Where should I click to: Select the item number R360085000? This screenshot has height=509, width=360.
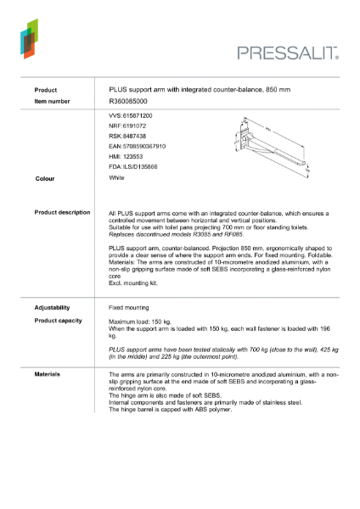(x=127, y=100)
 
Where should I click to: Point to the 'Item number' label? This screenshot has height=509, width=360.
(x=51, y=100)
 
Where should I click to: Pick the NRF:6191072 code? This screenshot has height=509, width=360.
(x=127, y=125)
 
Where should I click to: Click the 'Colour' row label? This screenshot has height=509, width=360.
(x=45, y=179)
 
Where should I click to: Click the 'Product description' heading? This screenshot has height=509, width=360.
(x=62, y=212)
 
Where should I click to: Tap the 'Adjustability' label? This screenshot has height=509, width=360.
(x=52, y=307)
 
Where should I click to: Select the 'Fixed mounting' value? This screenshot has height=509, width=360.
(x=129, y=307)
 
